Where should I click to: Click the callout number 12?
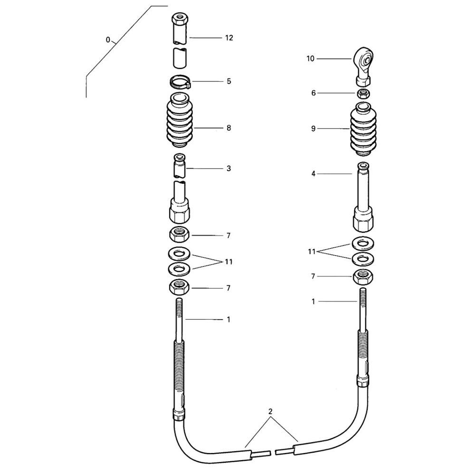point(229,38)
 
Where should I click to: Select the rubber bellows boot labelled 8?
point(180,121)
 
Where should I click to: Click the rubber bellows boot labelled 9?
point(364,129)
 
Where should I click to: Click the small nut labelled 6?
point(363,94)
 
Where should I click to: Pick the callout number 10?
point(311,58)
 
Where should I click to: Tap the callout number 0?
point(108,40)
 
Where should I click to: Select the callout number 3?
point(229,168)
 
